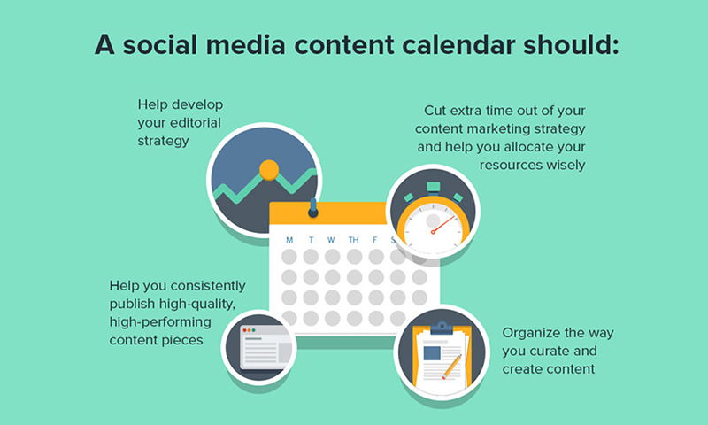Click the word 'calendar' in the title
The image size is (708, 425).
coord(458,45)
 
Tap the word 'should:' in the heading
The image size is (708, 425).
coord(571,45)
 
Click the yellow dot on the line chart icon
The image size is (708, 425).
coord(269,170)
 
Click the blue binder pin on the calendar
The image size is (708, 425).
coord(313,207)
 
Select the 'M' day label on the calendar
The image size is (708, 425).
coord(289,240)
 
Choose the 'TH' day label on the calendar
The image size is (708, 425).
coord(353,240)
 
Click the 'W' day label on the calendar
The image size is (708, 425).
coord(331,240)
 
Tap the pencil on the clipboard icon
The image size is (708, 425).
coord(451,367)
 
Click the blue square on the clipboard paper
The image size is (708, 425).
coord(432,352)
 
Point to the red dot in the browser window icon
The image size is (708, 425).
coord(245,330)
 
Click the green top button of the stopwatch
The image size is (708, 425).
coord(434,187)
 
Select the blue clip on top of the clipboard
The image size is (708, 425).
coord(442,328)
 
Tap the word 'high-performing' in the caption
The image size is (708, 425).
coord(160,322)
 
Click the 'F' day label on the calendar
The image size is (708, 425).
coord(374,240)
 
